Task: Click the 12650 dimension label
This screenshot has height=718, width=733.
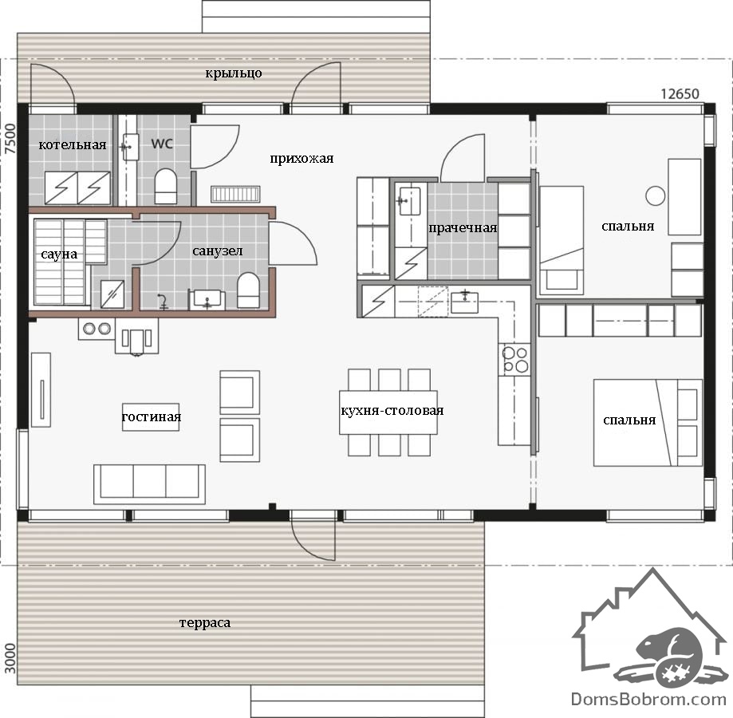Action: (x=680, y=94)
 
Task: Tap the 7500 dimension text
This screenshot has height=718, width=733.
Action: (x=10, y=138)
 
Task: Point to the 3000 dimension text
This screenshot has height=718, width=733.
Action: (x=10, y=658)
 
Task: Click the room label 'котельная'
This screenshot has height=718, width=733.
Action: (x=73, y=145)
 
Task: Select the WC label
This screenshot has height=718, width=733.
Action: (x=162, y=144)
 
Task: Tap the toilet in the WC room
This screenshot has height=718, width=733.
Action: (x=165, y=186)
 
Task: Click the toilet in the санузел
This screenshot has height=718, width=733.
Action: (x=248, y=290)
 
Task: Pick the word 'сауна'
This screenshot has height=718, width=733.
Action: (x=59, y=254)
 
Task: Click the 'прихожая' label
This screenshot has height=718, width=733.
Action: (x=301, y=159)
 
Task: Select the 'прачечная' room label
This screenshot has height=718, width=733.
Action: (x=463, y=228)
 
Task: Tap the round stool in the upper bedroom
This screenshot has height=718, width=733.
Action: (x=656, y=196)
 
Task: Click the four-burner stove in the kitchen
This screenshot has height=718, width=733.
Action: (x=514, y=360)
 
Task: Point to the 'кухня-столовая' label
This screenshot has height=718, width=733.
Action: (x=392, y=410)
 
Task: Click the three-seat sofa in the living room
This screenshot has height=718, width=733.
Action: (x=150, y=484)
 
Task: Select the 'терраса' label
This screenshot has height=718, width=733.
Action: (x=205, y=622)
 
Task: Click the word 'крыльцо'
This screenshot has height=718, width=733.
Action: (x=233, y=73)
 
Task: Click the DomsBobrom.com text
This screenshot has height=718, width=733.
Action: (x=648, y=700)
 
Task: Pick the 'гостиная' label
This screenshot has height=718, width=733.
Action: (x=151, y=417)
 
